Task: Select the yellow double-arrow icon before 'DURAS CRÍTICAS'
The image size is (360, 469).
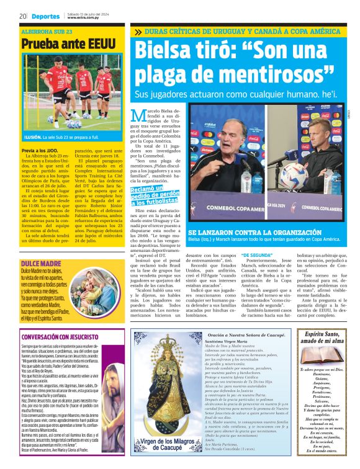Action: click(137, 32)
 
